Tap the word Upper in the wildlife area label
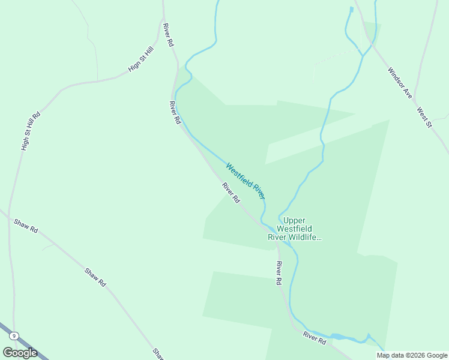pos(295,220)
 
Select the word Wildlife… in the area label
pos(306,237)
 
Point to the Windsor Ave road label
pos(400,82)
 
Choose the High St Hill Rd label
pos(30,130)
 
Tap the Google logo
pos(20,352)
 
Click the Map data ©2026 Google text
pos(412,355)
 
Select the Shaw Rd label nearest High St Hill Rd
pos(26,226)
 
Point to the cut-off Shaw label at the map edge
pos(157,353)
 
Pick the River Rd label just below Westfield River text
pos(231,192)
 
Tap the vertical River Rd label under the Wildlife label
pos(279,273)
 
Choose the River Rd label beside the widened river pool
pos(314,337)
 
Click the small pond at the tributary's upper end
pos(351,9)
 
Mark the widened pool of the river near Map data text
pos(337,337)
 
